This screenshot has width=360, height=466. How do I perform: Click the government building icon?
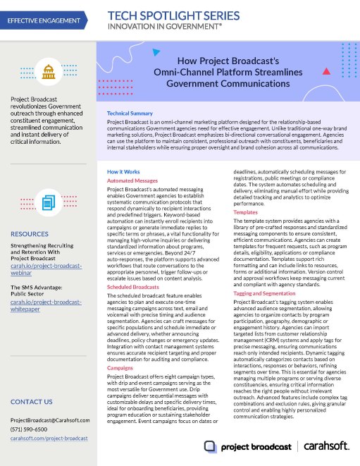(x=49, y=70)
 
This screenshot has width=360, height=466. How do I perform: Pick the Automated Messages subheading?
(x=131, y=181)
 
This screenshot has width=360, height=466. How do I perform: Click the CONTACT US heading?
(x=32, y=402)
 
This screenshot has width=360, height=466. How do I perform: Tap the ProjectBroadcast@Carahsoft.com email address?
(x=50, y=420)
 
